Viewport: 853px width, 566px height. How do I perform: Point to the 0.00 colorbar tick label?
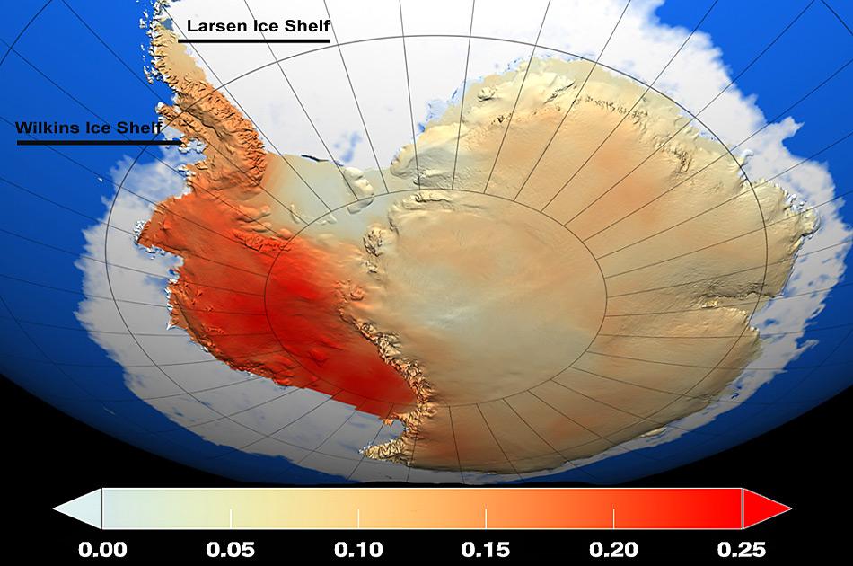click(x=102, y=549)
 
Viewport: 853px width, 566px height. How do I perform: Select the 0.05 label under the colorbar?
click(x=231, y=549)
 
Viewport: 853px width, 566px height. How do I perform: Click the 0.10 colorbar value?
click(x=358, y=549)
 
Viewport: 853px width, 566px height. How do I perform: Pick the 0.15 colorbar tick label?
click(x=486, y=549)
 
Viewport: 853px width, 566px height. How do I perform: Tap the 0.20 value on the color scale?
click(x=614, y=549)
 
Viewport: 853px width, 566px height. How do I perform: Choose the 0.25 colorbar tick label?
click(x=741, y=549)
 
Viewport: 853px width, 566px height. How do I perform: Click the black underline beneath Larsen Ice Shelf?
click(x=255, y=40)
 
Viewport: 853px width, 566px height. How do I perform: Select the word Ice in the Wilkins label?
click(x=96, y=128)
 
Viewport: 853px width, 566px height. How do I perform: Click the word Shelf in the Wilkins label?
click(x=137, y=128)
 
